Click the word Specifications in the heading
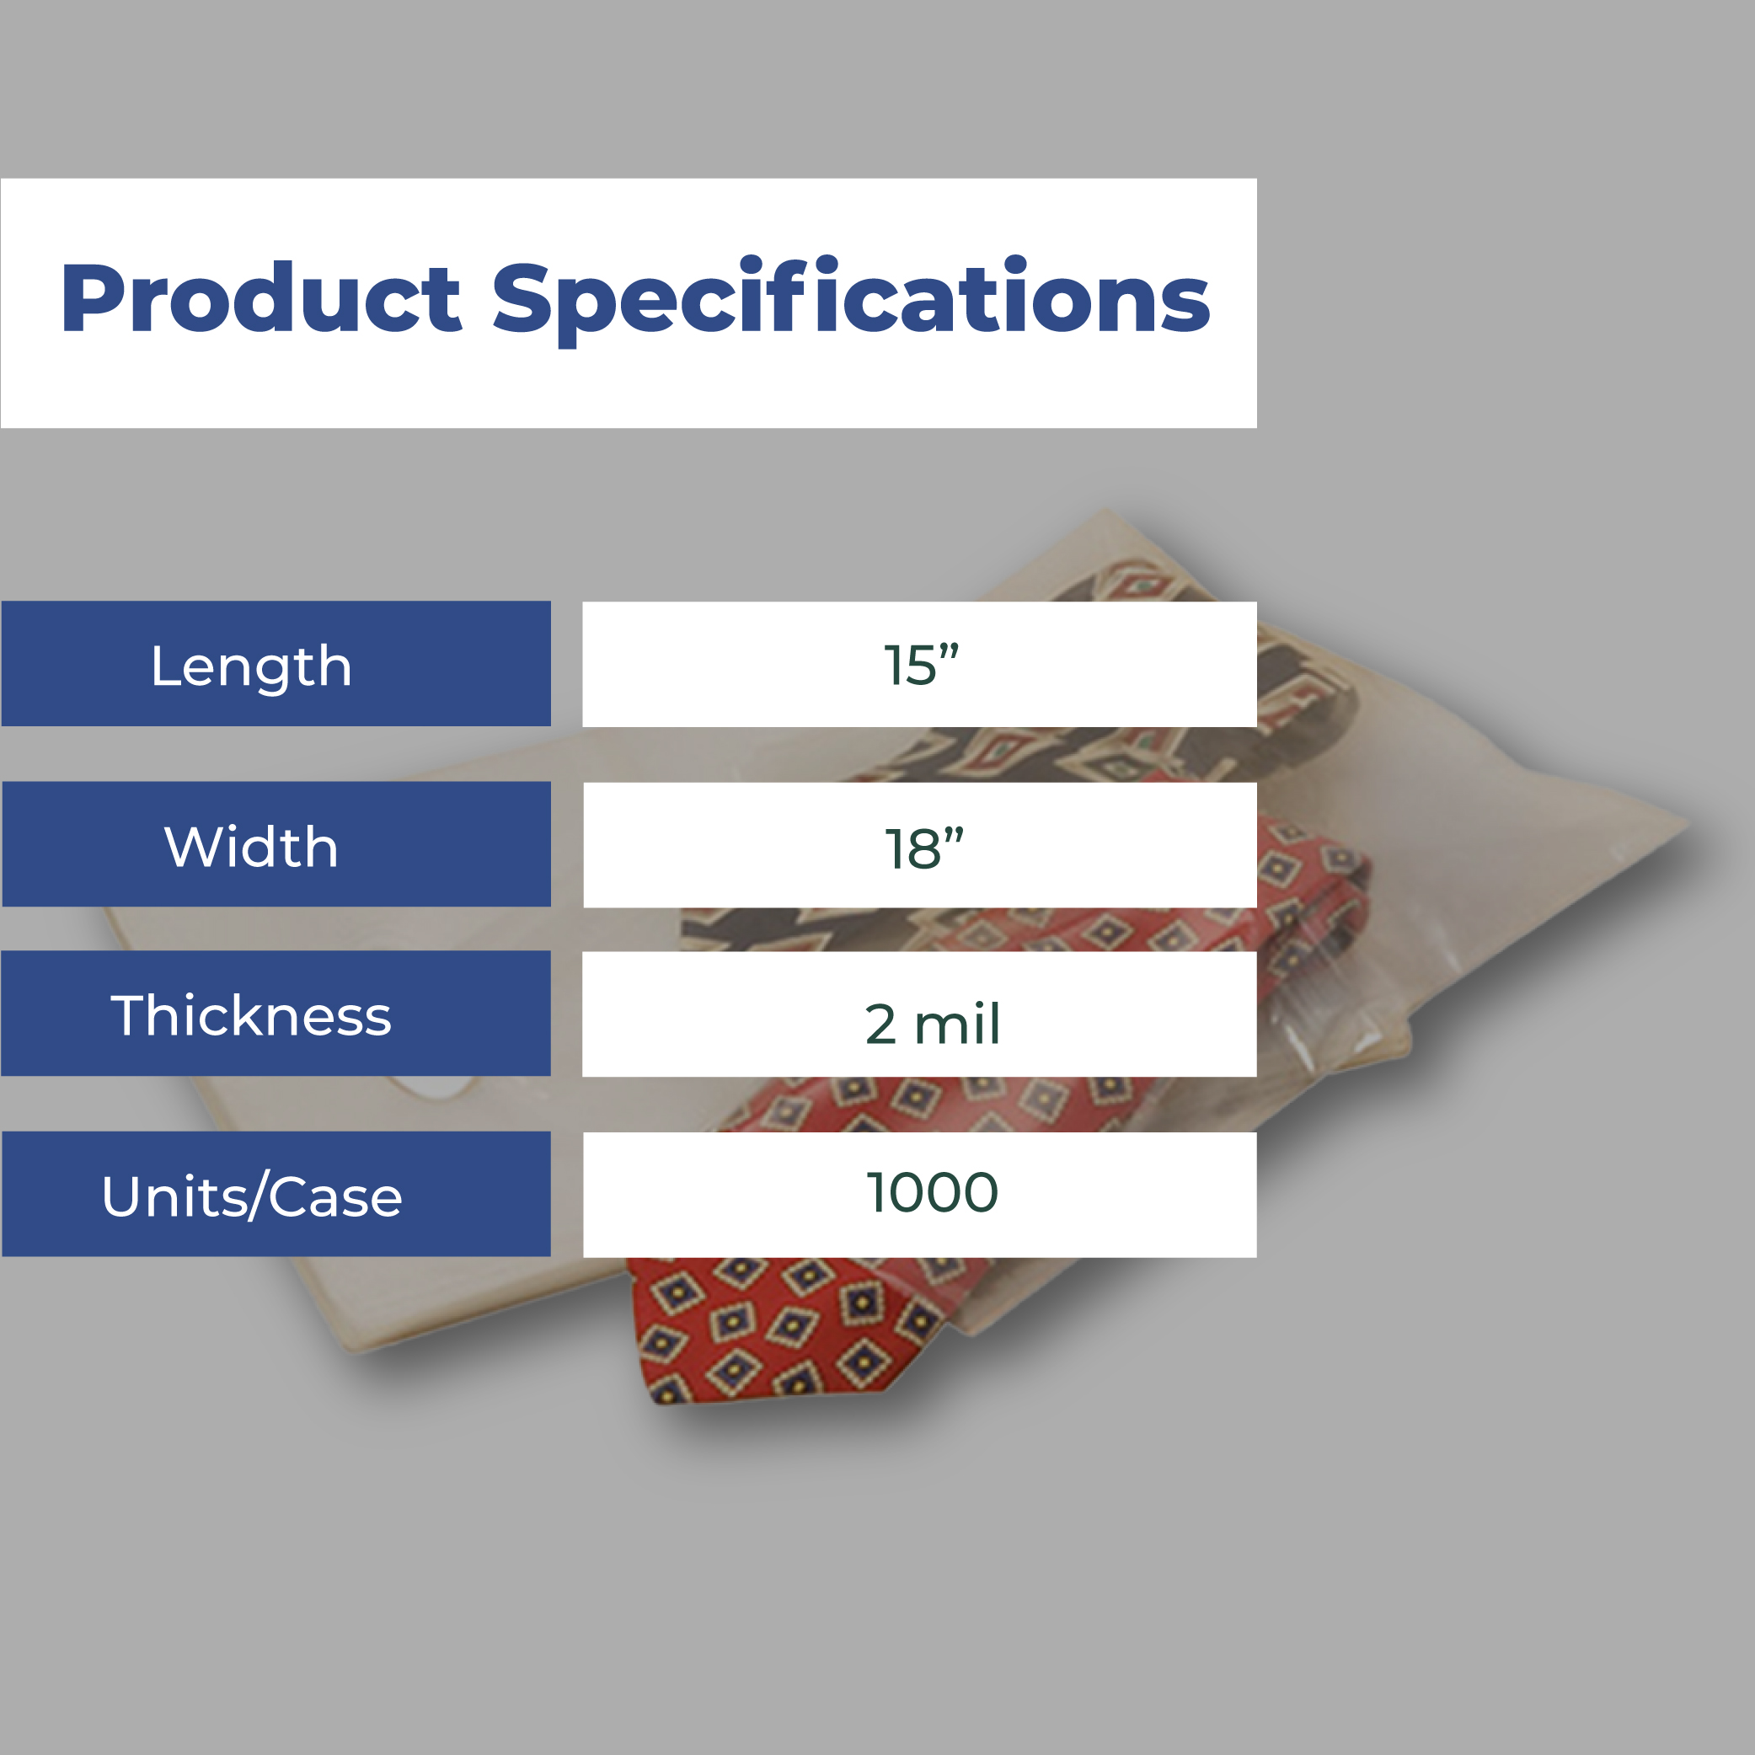(851, 301)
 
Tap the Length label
(252, 666)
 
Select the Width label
(252, 847)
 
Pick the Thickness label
(252, 1014)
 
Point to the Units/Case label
(252, 1196)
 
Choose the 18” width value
(923, 848)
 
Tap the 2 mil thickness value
(932, 1023)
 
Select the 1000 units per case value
(932, 1192)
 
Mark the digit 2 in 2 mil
(880, 1024)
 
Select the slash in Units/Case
(256, 1197)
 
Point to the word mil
(957, 1023)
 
